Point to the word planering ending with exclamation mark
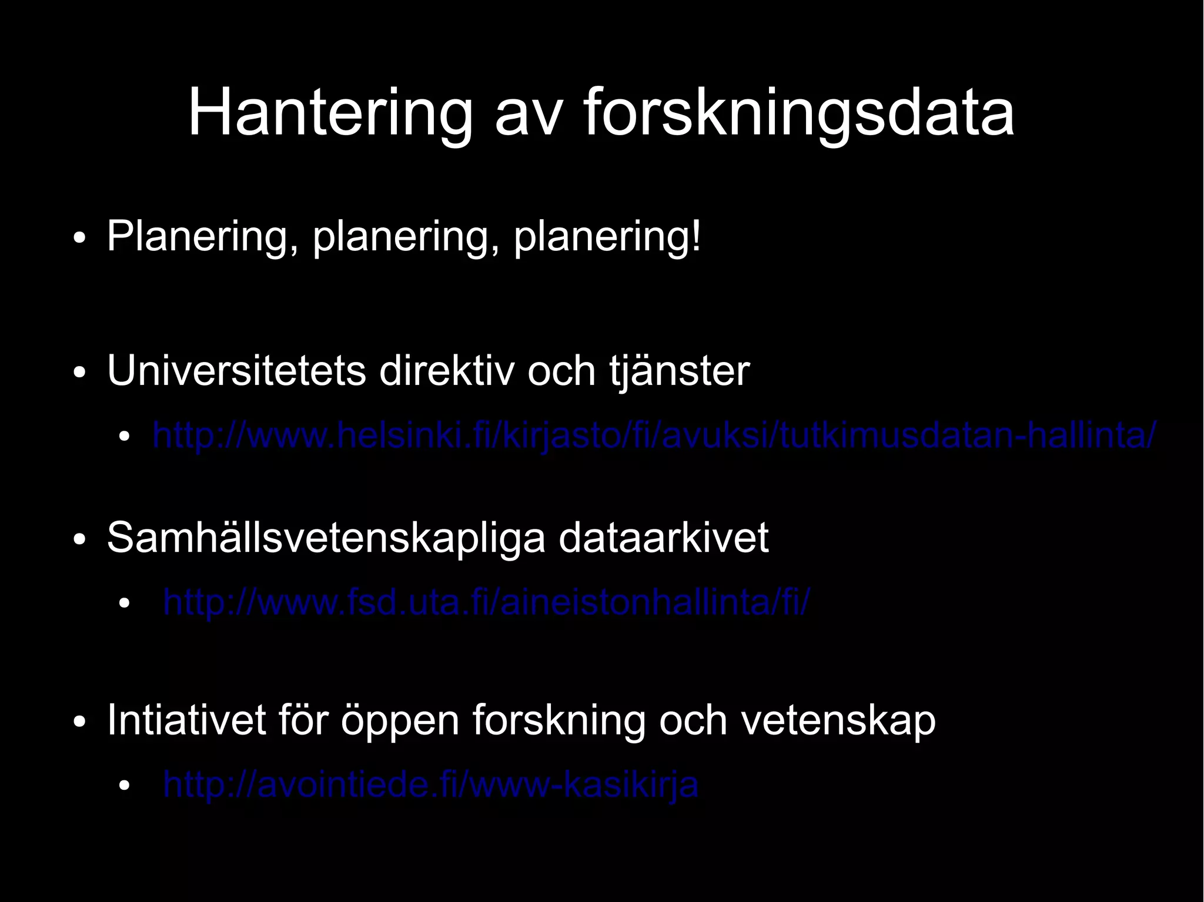tap(607, 237)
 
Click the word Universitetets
tap(236, 371)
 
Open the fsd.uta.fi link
tap(486, 602)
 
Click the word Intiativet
tap(187, 720)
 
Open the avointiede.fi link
tap(431, 784)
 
